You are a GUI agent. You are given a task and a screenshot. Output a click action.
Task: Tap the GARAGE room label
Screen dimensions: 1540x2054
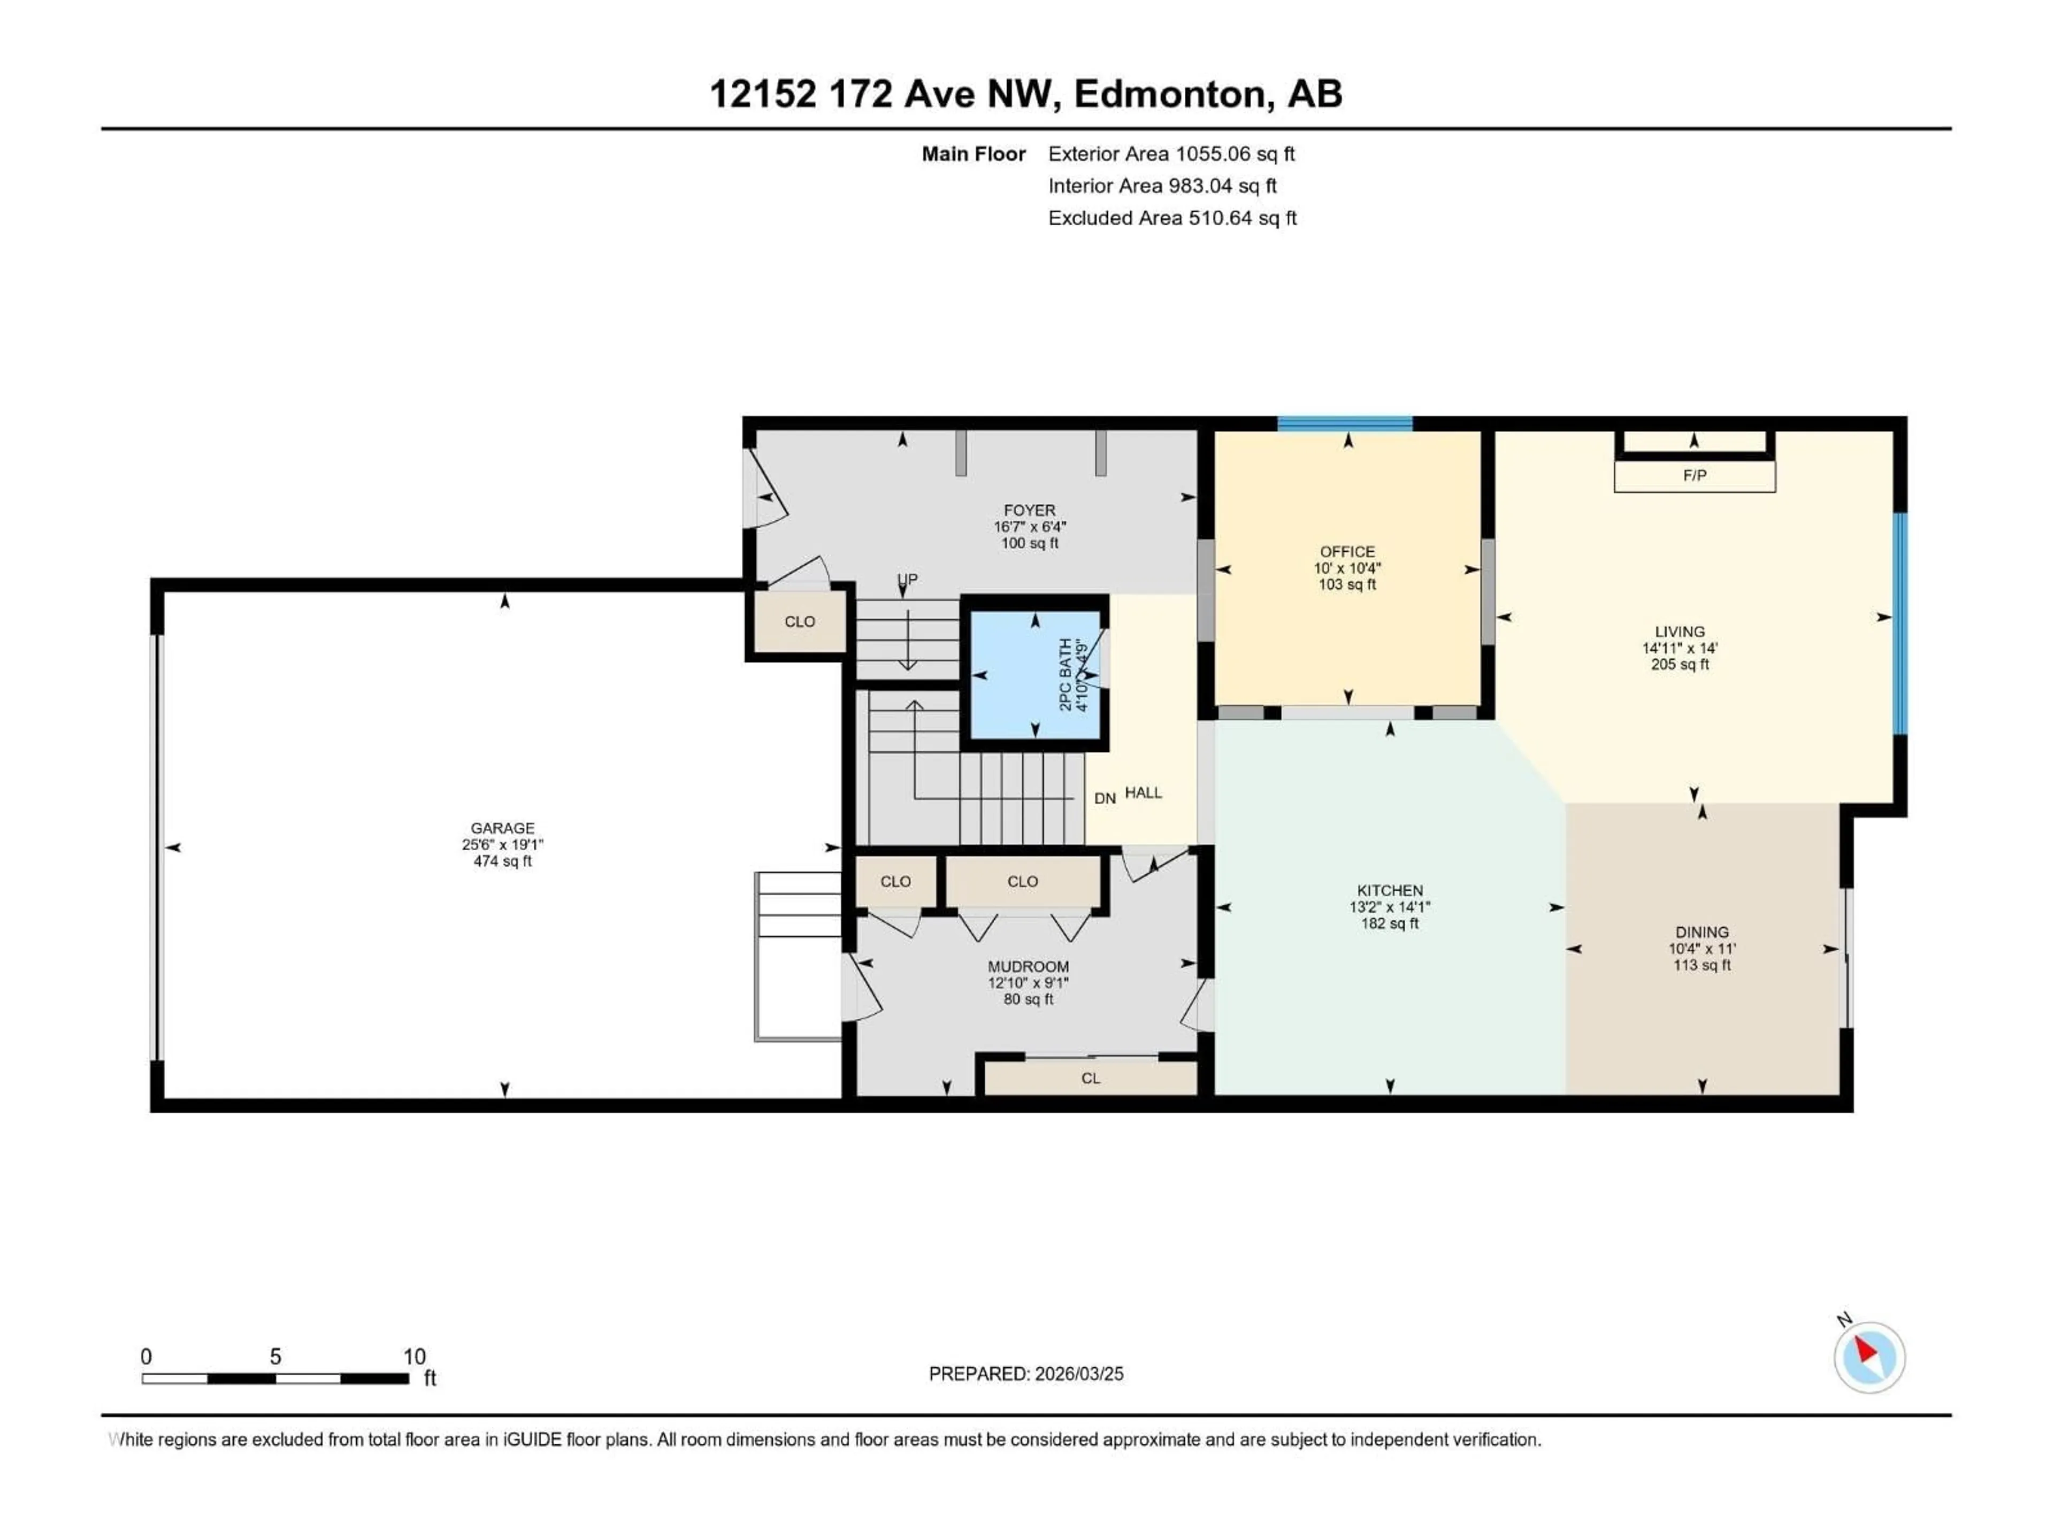click(502, 828)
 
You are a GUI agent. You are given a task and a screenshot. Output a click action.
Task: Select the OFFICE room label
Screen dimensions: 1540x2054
click(1346, 551)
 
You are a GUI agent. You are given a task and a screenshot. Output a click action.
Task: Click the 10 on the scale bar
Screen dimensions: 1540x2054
click(414, 1356)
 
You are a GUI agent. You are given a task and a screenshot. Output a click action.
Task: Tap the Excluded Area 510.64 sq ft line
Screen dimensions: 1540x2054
click(1172, 218)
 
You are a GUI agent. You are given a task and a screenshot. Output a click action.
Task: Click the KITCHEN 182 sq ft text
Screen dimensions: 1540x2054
click(1389, 923)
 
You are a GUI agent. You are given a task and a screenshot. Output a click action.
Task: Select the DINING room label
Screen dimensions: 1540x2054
click(1701, 932)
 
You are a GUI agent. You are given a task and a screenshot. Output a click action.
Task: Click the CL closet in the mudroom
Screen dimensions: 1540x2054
click(1090, 1077)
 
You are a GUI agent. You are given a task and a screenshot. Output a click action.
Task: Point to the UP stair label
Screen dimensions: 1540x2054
click(907, 579)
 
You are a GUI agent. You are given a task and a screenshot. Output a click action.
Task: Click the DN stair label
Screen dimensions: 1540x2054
click(1104, 798)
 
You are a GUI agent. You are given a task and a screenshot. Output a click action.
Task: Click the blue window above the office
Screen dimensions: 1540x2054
click(1345, 424)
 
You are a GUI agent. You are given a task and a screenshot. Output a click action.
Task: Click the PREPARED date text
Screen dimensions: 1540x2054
click(1026, 1374)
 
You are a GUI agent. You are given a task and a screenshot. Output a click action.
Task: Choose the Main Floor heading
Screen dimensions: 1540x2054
click(973, 154)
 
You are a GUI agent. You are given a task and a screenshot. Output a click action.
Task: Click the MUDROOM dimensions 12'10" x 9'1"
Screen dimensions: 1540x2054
click(1028, 983)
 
